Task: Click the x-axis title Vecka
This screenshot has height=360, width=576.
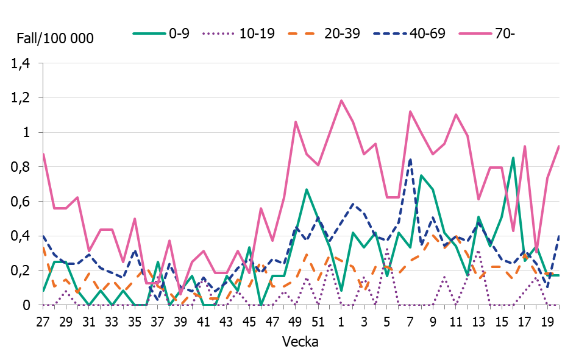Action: (300, 342)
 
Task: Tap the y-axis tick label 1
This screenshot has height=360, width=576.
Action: (26, 132)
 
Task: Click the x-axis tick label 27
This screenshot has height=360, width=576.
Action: (43, 320)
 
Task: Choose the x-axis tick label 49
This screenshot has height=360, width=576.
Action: (296, 320)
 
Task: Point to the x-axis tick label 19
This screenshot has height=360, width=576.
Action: (547, 320)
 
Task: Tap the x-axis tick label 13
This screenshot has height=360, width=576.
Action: (478, 320)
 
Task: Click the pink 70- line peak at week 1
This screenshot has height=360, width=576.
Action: (341, 101)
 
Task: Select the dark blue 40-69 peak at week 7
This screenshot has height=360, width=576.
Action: (410, 160)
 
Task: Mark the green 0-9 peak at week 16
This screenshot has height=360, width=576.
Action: (513, 158)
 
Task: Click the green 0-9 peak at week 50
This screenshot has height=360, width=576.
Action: (307, 189)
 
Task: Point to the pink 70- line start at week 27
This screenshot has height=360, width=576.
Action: (43, 154)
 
